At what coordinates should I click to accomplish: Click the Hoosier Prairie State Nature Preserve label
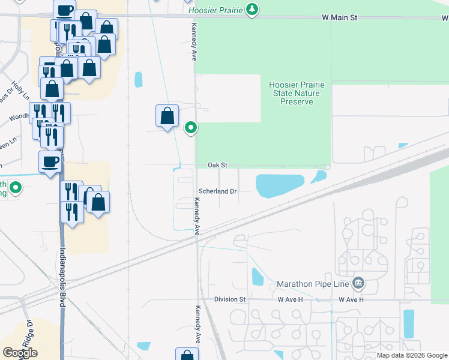(297, 94)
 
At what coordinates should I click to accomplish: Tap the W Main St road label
(339, 18)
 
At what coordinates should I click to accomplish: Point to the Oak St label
(217, 165)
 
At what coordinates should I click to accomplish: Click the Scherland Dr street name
(218, 191)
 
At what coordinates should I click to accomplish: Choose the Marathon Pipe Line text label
(313, 284)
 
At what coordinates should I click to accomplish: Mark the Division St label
(231, 299)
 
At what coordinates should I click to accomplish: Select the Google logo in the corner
(20, 353)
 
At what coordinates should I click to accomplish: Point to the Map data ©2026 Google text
(411, 355)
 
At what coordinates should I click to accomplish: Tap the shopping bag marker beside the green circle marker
(167, 116)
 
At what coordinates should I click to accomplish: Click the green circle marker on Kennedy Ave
(191, 128)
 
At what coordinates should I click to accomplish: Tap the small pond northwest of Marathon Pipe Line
(258, 277)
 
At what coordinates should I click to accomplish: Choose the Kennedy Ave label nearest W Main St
(194, 43)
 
